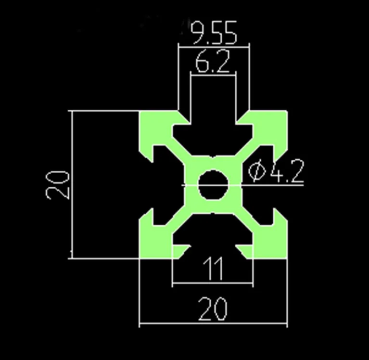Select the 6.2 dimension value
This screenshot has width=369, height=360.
pos(212,63)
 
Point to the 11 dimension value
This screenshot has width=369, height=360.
pos(213,269)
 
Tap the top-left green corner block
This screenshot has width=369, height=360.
pos(153,126)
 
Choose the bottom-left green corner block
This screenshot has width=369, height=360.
pos(153,241)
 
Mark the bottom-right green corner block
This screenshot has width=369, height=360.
pos(273,241)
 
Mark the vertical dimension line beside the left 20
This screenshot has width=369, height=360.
pos(71,144)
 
